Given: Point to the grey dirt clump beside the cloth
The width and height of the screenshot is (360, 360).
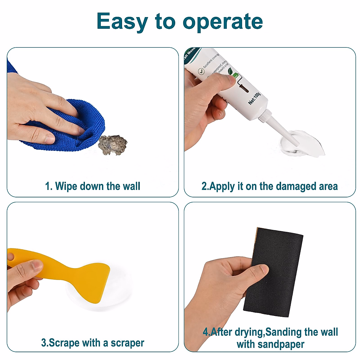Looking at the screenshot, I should pos(113,145).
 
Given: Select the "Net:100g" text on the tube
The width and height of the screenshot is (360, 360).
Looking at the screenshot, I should pos(254,98).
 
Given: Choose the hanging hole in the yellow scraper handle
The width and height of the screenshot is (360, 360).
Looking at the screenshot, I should pos(11,257).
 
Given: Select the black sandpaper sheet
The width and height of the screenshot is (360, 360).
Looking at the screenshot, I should pos(276,270).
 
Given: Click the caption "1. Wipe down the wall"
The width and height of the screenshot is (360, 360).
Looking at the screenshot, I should pos(92,186).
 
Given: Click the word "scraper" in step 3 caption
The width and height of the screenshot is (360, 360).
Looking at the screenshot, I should pos(127,343).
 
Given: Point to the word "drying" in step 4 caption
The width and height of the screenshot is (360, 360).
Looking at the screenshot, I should pos(248,332).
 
